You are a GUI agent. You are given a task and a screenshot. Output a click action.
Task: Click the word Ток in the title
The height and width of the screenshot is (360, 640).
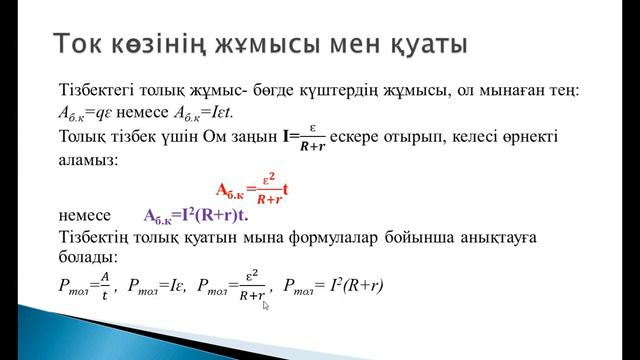(81, 45)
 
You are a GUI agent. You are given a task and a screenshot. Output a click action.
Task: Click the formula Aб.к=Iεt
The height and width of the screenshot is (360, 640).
(207, 114)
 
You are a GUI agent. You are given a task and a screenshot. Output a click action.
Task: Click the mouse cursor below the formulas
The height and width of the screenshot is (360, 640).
(266, 307)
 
